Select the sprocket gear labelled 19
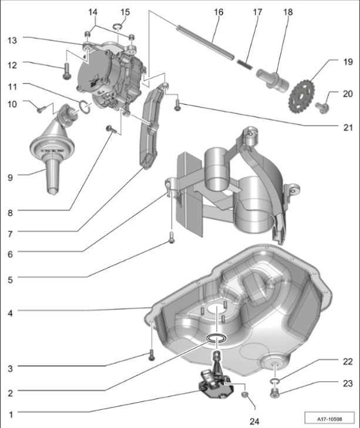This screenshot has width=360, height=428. coord(302,94)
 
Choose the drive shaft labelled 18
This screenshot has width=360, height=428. coord(275,76)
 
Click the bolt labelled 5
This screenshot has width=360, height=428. coord(171,238)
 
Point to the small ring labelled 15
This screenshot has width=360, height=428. coord(117,26)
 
